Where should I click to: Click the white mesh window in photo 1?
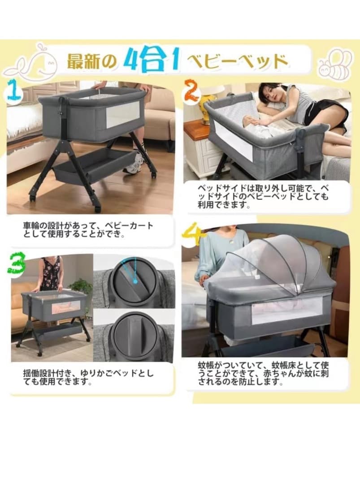121,114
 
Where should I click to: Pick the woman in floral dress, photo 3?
50,274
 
